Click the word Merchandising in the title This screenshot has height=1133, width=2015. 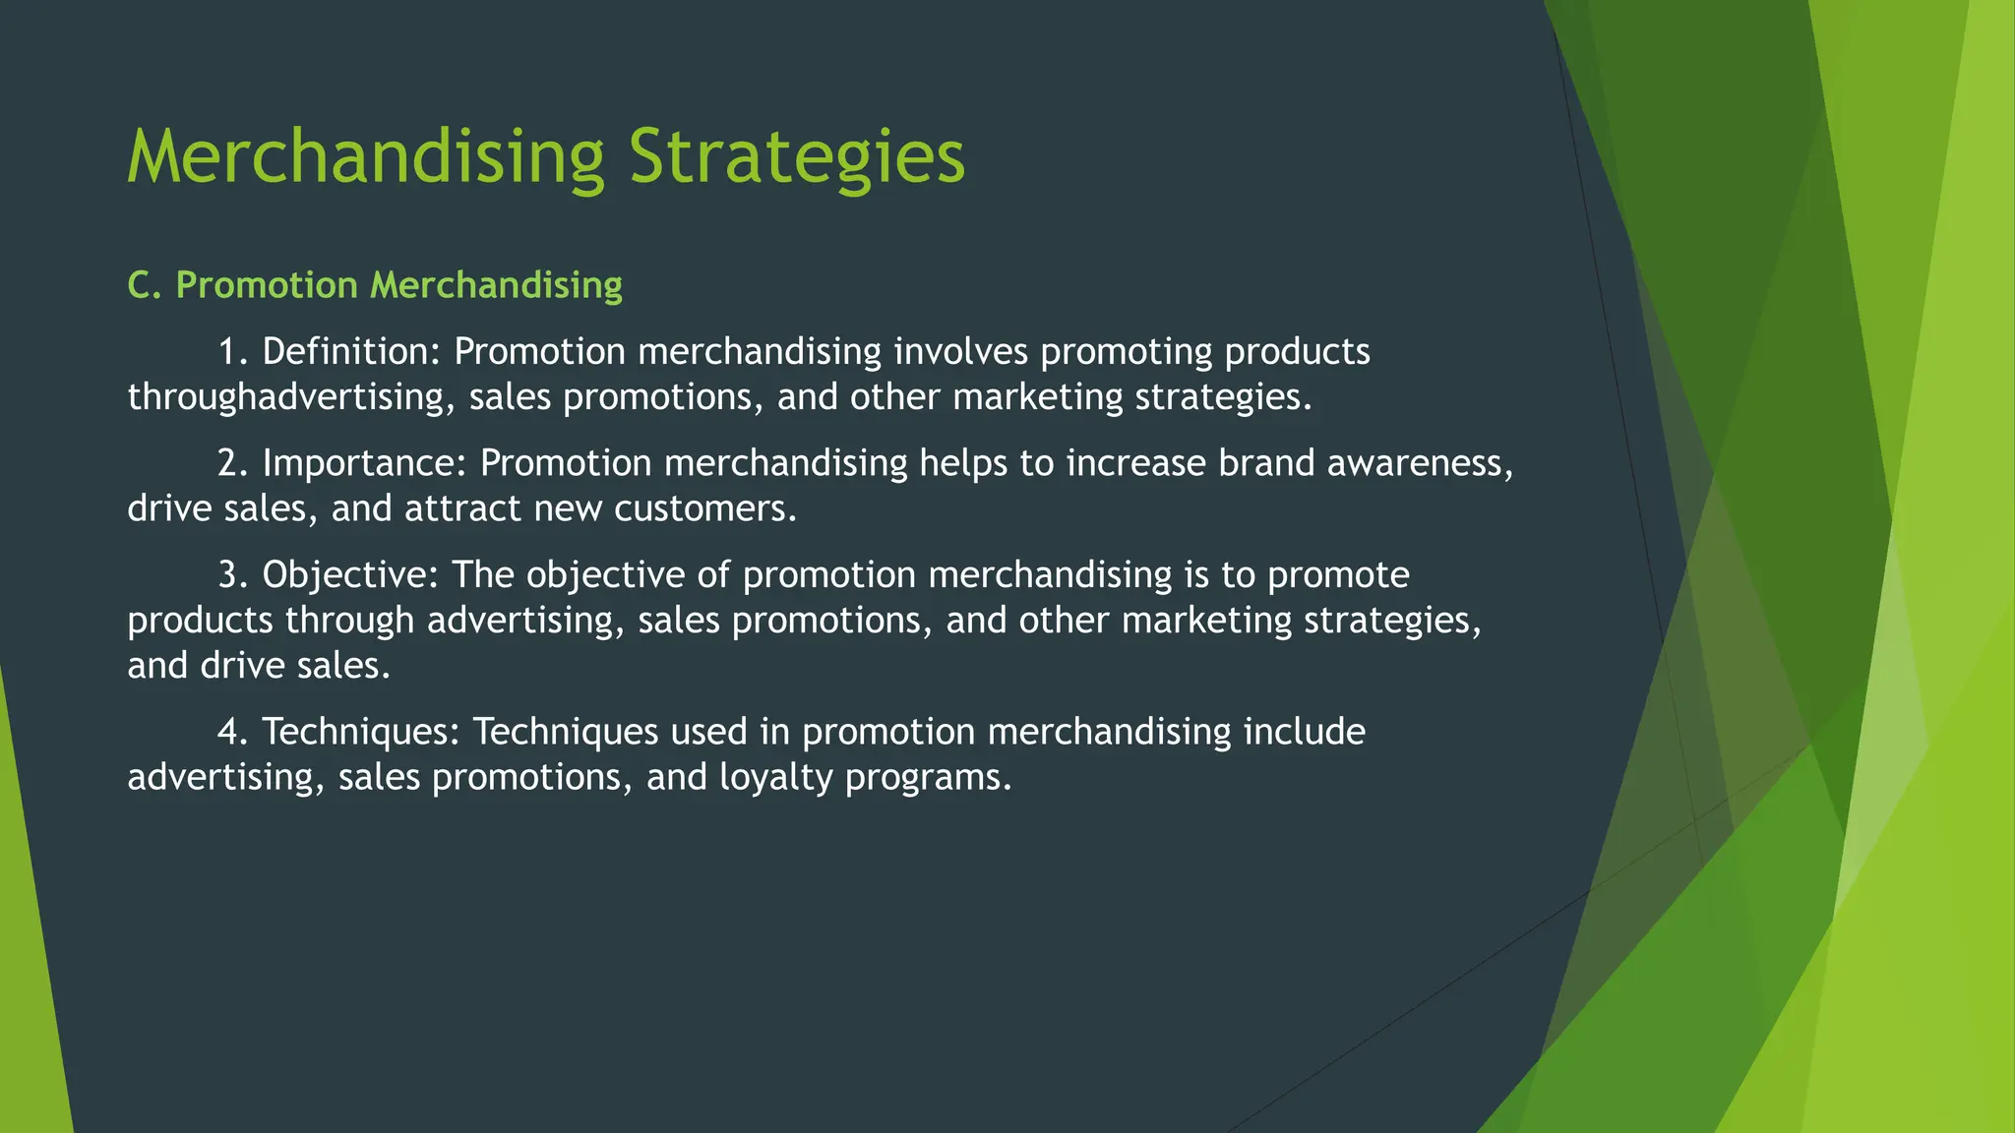pyautogui.click(x=365, y=157)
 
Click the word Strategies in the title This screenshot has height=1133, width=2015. pyautogui.click(x=797, y=157)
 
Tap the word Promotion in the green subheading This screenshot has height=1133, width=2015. pyautogui.click(x=266, y=285)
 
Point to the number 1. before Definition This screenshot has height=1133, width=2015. pyautogui.click(x=233, y=352)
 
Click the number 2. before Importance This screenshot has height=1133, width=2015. pyautogui.click(x=233, y=463)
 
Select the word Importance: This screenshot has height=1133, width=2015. pyautogui.click(x=365, y=463)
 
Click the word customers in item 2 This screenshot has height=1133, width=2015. pyautogui.click(x=704, y=508)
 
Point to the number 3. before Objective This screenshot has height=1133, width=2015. pyautogui.click(x=233, y=574)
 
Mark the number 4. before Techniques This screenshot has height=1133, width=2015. pyautogui.click(x=233, y=732)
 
